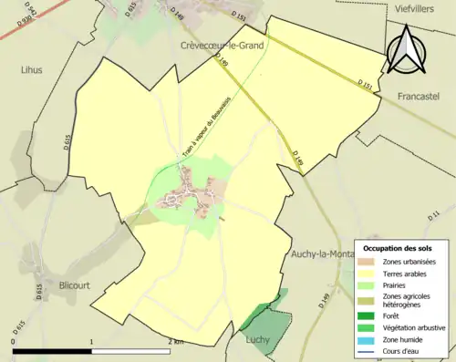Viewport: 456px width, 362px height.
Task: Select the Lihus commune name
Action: coord(31,69)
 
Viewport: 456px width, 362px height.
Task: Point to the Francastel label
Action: coord(420,95)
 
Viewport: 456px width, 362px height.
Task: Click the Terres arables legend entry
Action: coord(409,273)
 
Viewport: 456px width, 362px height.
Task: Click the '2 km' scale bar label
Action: coord(176,342)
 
